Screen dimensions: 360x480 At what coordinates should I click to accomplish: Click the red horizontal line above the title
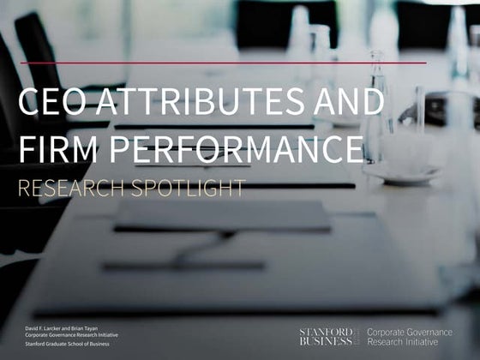pyautogui.click(x=223, y=63)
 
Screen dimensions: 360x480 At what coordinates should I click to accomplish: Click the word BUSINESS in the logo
pyautogui.click(x=325, y=340)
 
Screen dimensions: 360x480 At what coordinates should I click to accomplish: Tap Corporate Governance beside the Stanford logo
pyautogui.click(x=409, y=331)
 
